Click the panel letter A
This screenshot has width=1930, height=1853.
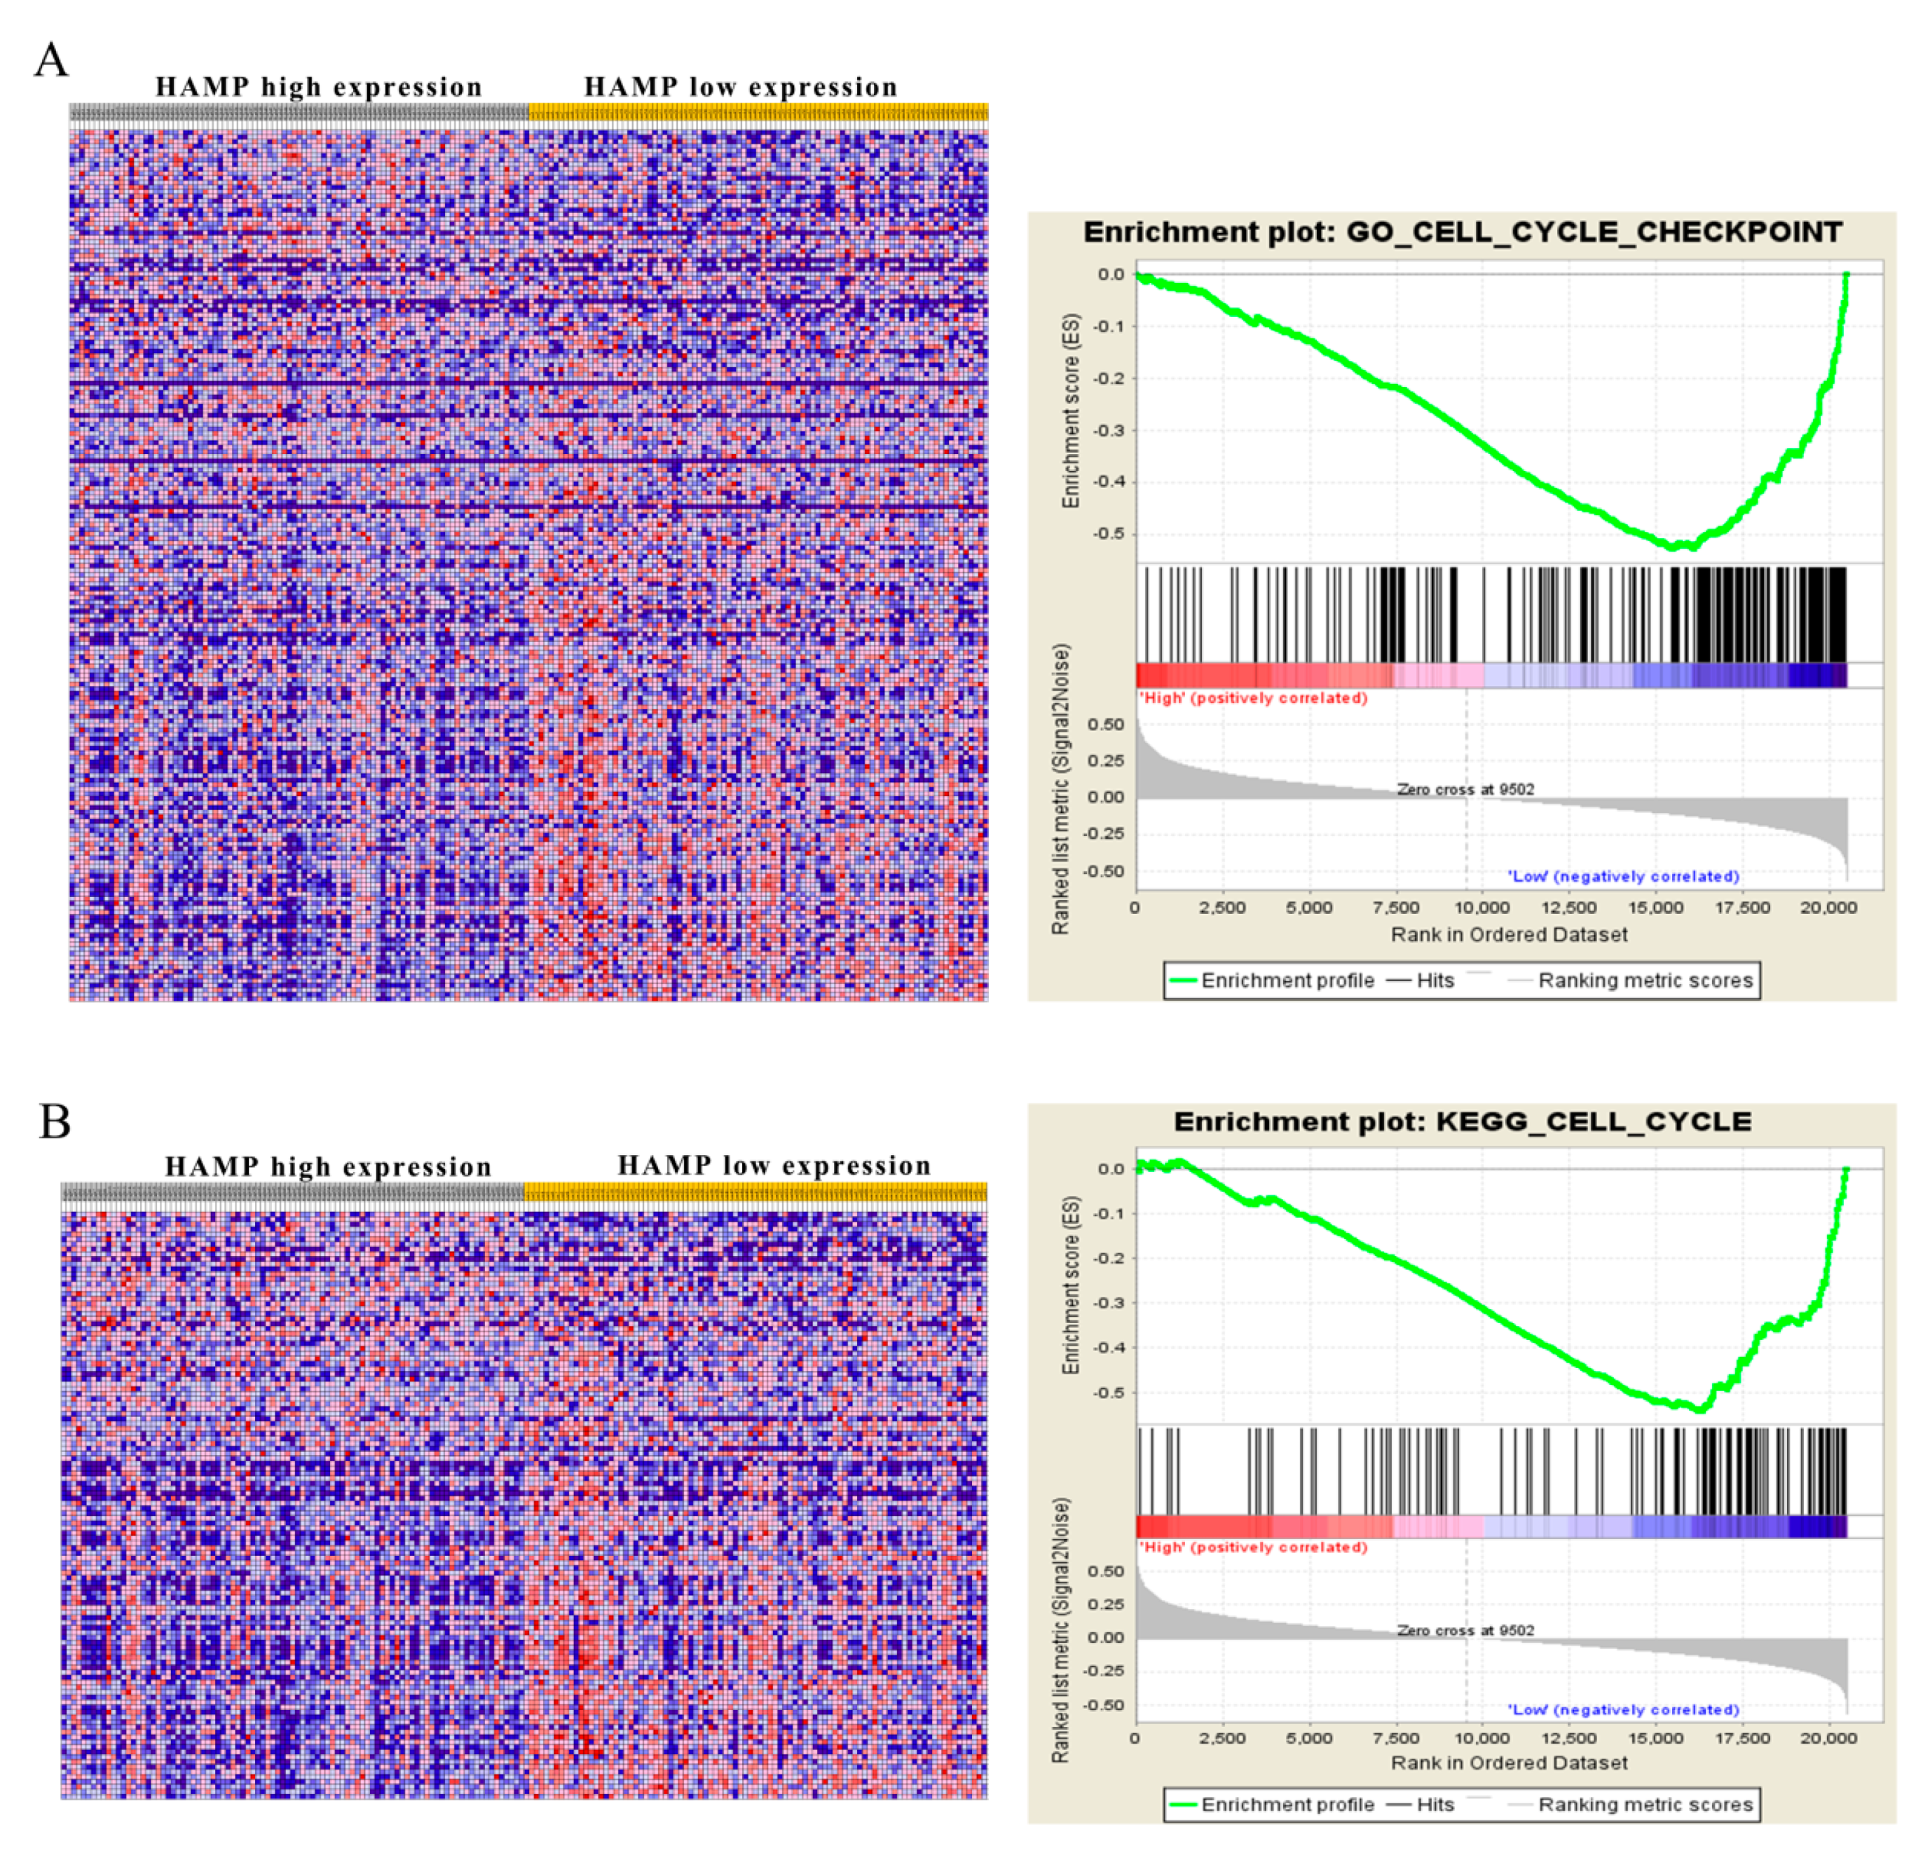(51, 60)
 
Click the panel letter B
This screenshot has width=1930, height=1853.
(54, 1121)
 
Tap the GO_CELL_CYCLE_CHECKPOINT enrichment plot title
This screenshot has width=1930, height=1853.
(1463, 233)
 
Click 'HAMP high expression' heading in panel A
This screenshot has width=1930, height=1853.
(319, 88)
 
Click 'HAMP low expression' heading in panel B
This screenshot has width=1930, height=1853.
(774, 1165)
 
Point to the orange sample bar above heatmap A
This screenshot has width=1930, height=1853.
(758, 112)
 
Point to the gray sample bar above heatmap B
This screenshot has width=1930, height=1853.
(292, 1192)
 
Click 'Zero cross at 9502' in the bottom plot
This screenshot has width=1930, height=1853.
(1465, 1630)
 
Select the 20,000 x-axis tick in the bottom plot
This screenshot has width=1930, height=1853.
(1828, 1738)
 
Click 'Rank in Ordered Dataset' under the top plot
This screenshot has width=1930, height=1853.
(1509, 934)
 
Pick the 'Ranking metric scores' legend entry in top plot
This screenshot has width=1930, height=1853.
(1645, 980)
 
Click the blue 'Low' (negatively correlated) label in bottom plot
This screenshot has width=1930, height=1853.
(1623, 1709)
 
